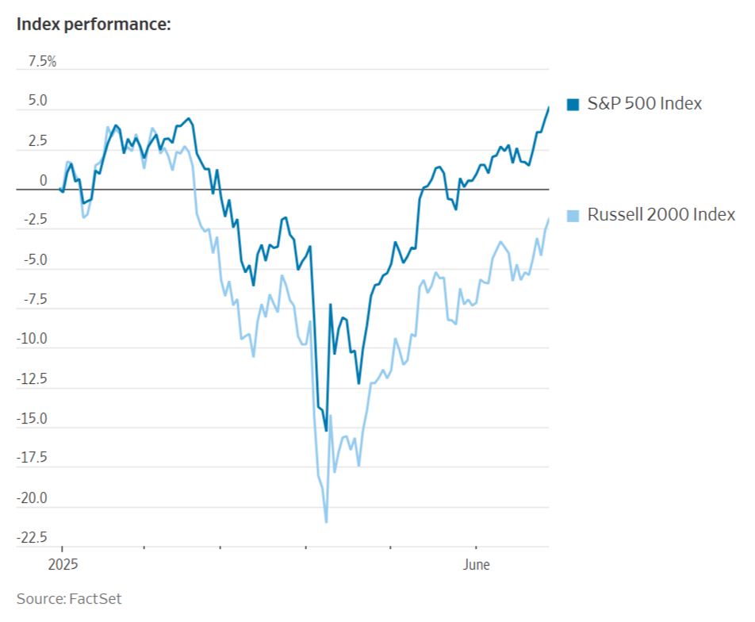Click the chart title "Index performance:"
(x=94, y=25)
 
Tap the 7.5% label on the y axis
(x=42, y=62)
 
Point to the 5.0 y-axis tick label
(x=37, y=102)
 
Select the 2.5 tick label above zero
(x=37, y=141)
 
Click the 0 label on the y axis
(x=44, y=181)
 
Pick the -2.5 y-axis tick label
(x=34, y=221)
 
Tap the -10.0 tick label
(x=32, y=340)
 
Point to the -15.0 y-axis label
(x=32, y=419)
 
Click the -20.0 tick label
(x=32, y=498)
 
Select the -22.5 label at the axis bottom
(x=32, y=538)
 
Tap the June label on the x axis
(x=476, y=565)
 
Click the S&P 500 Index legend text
(x=644, y=104)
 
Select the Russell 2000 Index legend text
(x=661, y=215)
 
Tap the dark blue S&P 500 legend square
(x=573, y=104)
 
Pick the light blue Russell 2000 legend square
(x=573, y=215)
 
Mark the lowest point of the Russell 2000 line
(x=326, y=522)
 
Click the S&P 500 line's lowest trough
(x=326, y=431)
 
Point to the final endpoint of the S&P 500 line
(x=549, y=107)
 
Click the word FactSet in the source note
(x=95, y=598)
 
